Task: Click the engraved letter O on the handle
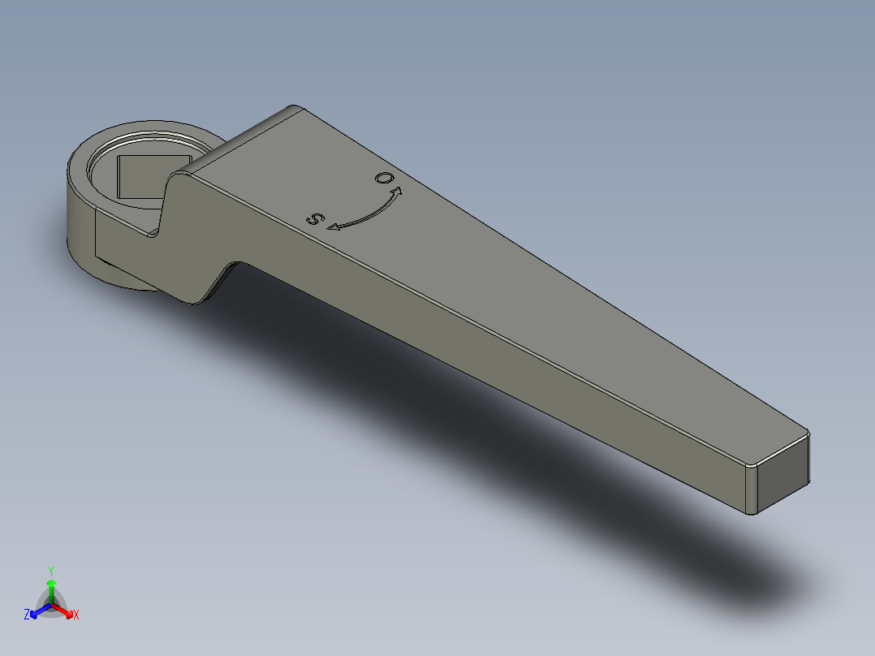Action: pyautogui.click(x=382, y=178)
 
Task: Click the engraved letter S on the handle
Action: pyautogui.click(x=314, y=218)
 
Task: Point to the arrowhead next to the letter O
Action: pyautogui.click(x=397, y=192)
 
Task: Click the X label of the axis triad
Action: pyautogui.click(x=76, y=615)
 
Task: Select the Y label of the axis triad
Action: pyautogui.click(x=50, y=570)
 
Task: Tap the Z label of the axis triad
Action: pyautogui.click(x=27, y=615)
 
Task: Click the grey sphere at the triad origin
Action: pyautogui.click(x=51, y=603)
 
